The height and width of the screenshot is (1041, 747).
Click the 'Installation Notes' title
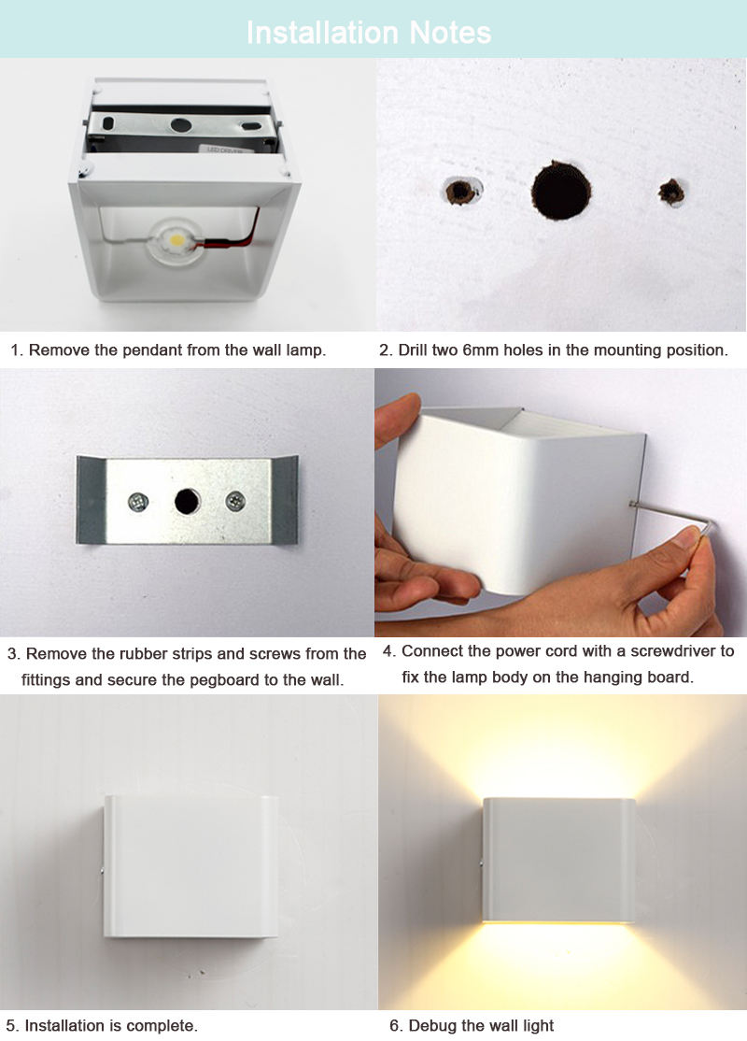tap(369, 33)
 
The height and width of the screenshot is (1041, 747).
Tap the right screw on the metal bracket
tap(234, 502)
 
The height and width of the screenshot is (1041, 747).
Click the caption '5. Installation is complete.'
tap(102, 1025)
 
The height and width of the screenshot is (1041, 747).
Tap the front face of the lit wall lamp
tap(558, 860)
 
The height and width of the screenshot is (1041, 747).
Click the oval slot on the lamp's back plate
tap(108, 122)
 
